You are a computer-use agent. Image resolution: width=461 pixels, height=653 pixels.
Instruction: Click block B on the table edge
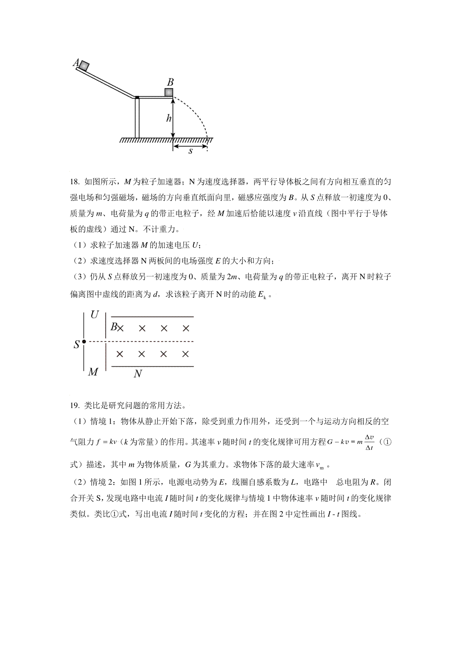[x=169, y=93]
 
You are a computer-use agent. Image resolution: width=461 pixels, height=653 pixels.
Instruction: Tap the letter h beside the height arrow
[x=168, y=118]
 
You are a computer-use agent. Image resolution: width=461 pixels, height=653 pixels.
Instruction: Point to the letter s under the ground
[x=190, y=151]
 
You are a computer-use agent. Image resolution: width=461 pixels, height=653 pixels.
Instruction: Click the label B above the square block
[x=170, y=82]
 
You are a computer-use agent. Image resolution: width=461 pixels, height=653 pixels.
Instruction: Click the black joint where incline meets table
[x=137, y=97]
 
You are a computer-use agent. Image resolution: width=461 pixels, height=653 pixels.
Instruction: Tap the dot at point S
[x=84, y=341]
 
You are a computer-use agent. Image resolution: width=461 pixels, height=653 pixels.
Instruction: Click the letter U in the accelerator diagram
[x=95, y=315]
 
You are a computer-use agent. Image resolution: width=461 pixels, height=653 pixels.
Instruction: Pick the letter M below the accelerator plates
[x=93, y=372]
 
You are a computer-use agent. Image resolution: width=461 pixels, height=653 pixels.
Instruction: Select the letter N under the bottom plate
[x=138, y=373]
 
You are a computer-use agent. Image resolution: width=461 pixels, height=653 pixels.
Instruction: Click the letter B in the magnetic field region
[x=114, y=327]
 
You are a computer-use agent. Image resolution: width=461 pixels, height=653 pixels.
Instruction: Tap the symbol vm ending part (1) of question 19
[x=320, y=465]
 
